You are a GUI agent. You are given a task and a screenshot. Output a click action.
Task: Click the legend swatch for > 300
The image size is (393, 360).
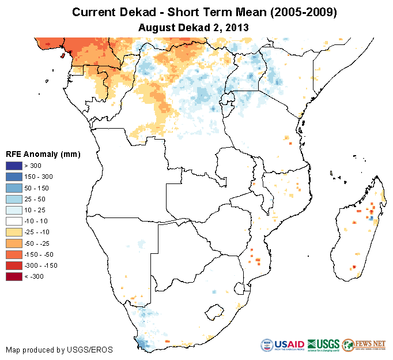[14, 166]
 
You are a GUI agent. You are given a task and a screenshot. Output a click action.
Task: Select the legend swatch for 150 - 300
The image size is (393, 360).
[14, 177]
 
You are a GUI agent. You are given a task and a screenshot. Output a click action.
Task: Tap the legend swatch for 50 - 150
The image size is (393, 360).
[14, 188]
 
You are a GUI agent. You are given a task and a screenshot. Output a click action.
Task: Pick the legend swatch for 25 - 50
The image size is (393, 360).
[14, 199]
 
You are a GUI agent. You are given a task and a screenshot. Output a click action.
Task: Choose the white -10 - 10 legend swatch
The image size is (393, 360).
[14, 221]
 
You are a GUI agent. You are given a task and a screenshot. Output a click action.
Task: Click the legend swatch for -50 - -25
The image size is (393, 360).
[14, 243]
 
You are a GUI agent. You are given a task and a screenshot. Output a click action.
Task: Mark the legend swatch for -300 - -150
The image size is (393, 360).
[14, 265]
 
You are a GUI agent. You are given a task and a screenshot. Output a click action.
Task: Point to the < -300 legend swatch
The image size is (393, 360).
[14, 276]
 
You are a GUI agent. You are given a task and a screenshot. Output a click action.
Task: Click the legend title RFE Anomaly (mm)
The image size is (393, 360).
[43, 154]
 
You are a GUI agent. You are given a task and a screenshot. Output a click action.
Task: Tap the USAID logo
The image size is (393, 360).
[282, 344]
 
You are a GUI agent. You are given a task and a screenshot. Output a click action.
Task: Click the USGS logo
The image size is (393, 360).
[323, 344]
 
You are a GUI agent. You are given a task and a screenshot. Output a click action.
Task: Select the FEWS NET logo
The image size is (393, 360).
[364, 344]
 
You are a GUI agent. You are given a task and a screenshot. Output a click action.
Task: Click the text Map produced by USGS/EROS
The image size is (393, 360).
[59, 350]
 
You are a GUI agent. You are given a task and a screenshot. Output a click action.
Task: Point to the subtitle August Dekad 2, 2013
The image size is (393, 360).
[196, 27]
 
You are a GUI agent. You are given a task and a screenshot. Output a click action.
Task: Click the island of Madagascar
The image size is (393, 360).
[360, 231]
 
